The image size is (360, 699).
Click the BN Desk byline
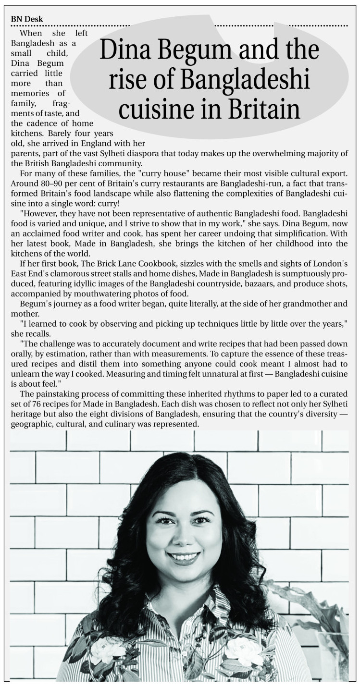(x=26, y=19)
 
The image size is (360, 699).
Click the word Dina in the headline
(x=122, y=50)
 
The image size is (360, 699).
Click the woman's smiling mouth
(x=184, y=558)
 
